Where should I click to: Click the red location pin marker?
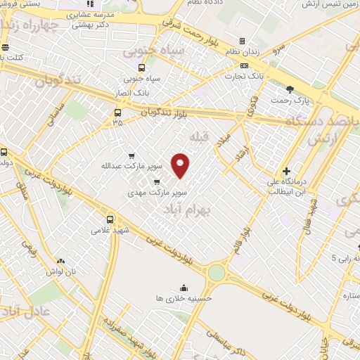coord(181,165)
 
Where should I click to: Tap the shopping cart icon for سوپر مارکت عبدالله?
coord(131,156)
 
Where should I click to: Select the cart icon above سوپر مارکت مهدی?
coord(147,181)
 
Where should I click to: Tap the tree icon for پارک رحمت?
coord(290,89)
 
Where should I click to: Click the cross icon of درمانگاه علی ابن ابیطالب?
coord(286,171)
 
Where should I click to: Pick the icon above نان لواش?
coord(61,261)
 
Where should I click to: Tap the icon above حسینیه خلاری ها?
coord(184,288)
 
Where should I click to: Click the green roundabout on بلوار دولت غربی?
coord(217,272)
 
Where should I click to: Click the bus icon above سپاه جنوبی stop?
coord(142,68)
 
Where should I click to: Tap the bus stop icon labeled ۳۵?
coord(117,112)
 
